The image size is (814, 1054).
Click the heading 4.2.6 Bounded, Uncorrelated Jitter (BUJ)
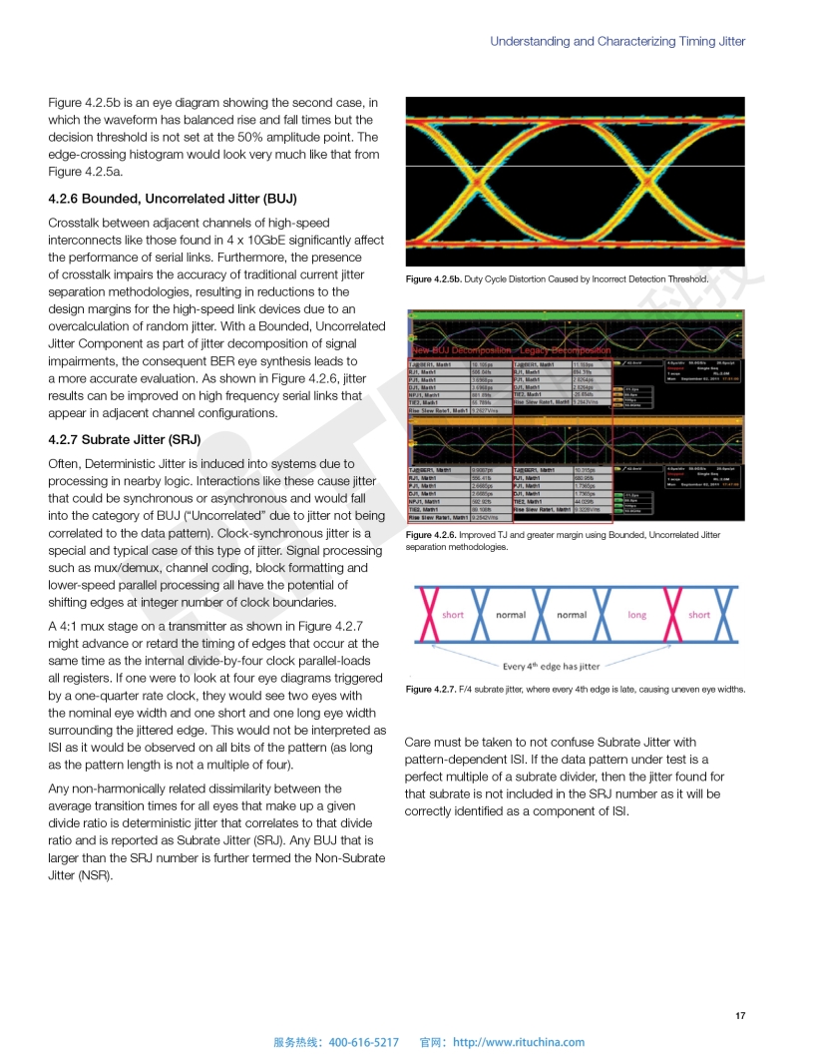click(173, 198)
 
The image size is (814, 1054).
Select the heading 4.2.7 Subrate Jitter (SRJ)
click(125, 439)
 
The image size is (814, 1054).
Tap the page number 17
click(739, 1016)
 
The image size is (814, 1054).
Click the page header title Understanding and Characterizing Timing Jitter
click(617, 41)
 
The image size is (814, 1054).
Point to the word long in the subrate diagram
click(636, 615)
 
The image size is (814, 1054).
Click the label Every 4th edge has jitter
click(551, 666)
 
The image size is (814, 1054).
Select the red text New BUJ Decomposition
click(461, 350)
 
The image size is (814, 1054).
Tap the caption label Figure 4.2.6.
click(431, 535)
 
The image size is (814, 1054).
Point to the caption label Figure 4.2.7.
click(431, 690)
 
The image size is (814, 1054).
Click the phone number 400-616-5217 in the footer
click(363, 1042)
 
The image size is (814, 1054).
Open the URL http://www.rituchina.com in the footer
click(519, 1042)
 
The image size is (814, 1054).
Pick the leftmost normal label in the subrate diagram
click(511, 615)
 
